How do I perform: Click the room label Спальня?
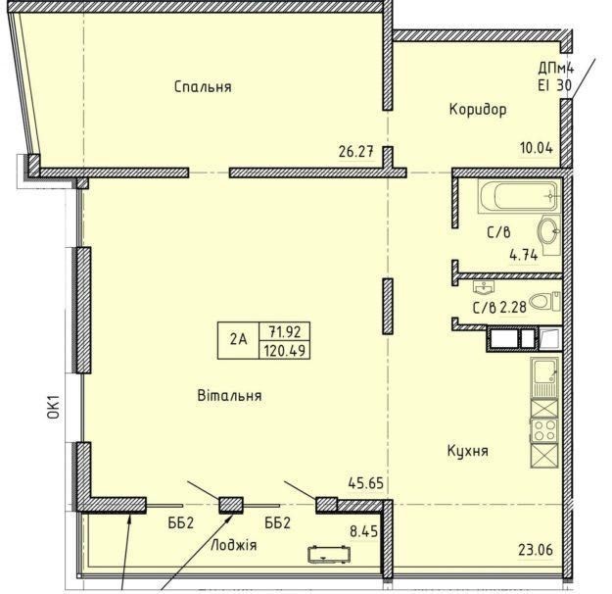(203, 86)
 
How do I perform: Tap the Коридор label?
(478, 109)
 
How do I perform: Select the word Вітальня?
(229, 395)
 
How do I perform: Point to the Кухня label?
(468, 451)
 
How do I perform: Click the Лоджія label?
(233, 545)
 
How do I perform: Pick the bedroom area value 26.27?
(356, 151)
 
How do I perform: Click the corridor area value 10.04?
(537, 148)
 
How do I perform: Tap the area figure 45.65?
(365, 483)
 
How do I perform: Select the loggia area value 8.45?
(363, 531)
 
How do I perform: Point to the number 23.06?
(536, 550)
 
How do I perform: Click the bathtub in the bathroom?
(519, 196)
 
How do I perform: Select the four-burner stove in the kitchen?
(544, 430)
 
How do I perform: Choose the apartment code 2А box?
(238, 340)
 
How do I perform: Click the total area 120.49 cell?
(285, 350)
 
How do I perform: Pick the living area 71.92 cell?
(285, 331)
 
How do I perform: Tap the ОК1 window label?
(54, 407)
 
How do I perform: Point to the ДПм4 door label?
(556, 69)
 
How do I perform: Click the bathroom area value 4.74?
(524, 255)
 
